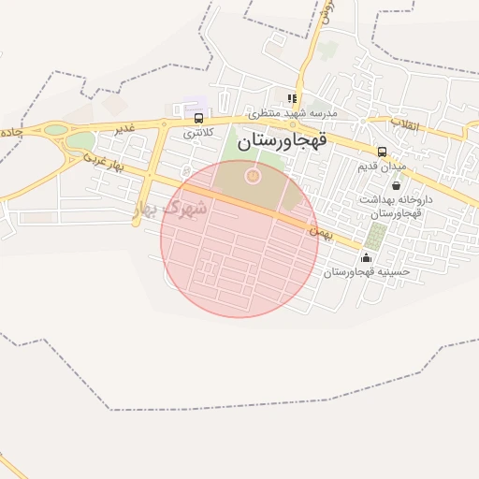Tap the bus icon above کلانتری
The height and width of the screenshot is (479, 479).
tap(198, 118)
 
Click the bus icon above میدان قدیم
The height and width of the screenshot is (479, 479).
tap(382, 152)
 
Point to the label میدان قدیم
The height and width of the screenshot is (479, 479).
tap(382, 167)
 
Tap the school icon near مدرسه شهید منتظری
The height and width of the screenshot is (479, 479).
tap(293, 98)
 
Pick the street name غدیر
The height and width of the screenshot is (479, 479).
tap(124, 128)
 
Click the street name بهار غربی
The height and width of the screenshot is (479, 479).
tap(105, 162)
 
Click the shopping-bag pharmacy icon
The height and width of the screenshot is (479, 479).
tap(397, 185)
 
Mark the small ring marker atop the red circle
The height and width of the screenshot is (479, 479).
tap(252, 175)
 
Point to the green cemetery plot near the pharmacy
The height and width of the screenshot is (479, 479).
tap(376, 236)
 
